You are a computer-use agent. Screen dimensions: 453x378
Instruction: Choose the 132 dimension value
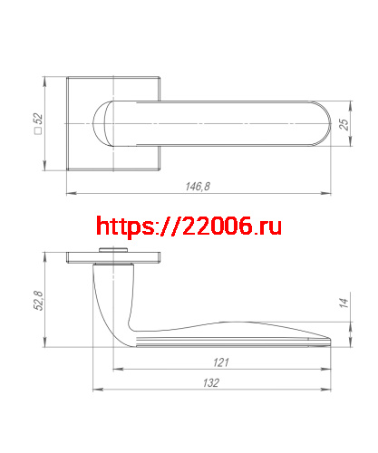pyautogui.click(x=211, y=384)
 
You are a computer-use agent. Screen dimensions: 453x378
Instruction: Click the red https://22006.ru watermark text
pyautogui.click(x=189, y=226)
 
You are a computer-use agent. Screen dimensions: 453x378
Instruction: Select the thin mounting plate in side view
pyautogui.click(x=114, y=256)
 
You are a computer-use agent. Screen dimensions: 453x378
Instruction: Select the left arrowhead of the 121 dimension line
pyautogui.click(x=114, y=369)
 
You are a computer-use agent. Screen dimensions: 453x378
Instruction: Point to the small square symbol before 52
pyautogui.click(x=38, y=135)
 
